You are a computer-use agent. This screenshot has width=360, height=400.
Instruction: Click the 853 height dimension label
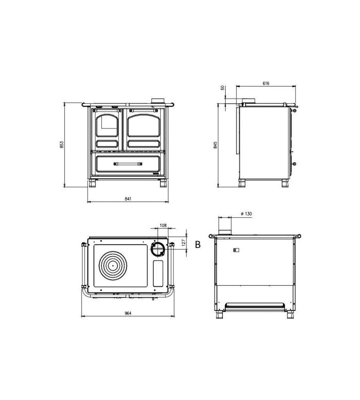pyautogui.click(x=62, y=145)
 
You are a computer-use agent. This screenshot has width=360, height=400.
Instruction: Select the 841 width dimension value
pyautogui.click(x=128, y=199)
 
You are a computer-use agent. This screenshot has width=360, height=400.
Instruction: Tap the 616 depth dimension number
pyautogui.click(x=266, y=83)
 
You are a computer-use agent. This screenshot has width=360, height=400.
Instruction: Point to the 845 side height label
pyautogui.click(x=215, y=145)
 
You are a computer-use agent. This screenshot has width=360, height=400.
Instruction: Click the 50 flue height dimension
pyautogui.click(x=222, y=88)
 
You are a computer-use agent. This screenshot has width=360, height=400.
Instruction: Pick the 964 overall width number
pyautogui.click(x=128, y=313)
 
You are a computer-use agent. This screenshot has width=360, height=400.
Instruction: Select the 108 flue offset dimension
pyautogui.click(x=163, y=225)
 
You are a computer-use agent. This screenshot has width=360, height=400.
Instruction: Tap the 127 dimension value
pyautogui.click(x=184, y=242)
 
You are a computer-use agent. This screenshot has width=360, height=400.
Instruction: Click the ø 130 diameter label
pyautogui.click(x=246, y=214)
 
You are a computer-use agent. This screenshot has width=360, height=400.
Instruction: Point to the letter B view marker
pyautogui.click(x=198, y=244)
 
